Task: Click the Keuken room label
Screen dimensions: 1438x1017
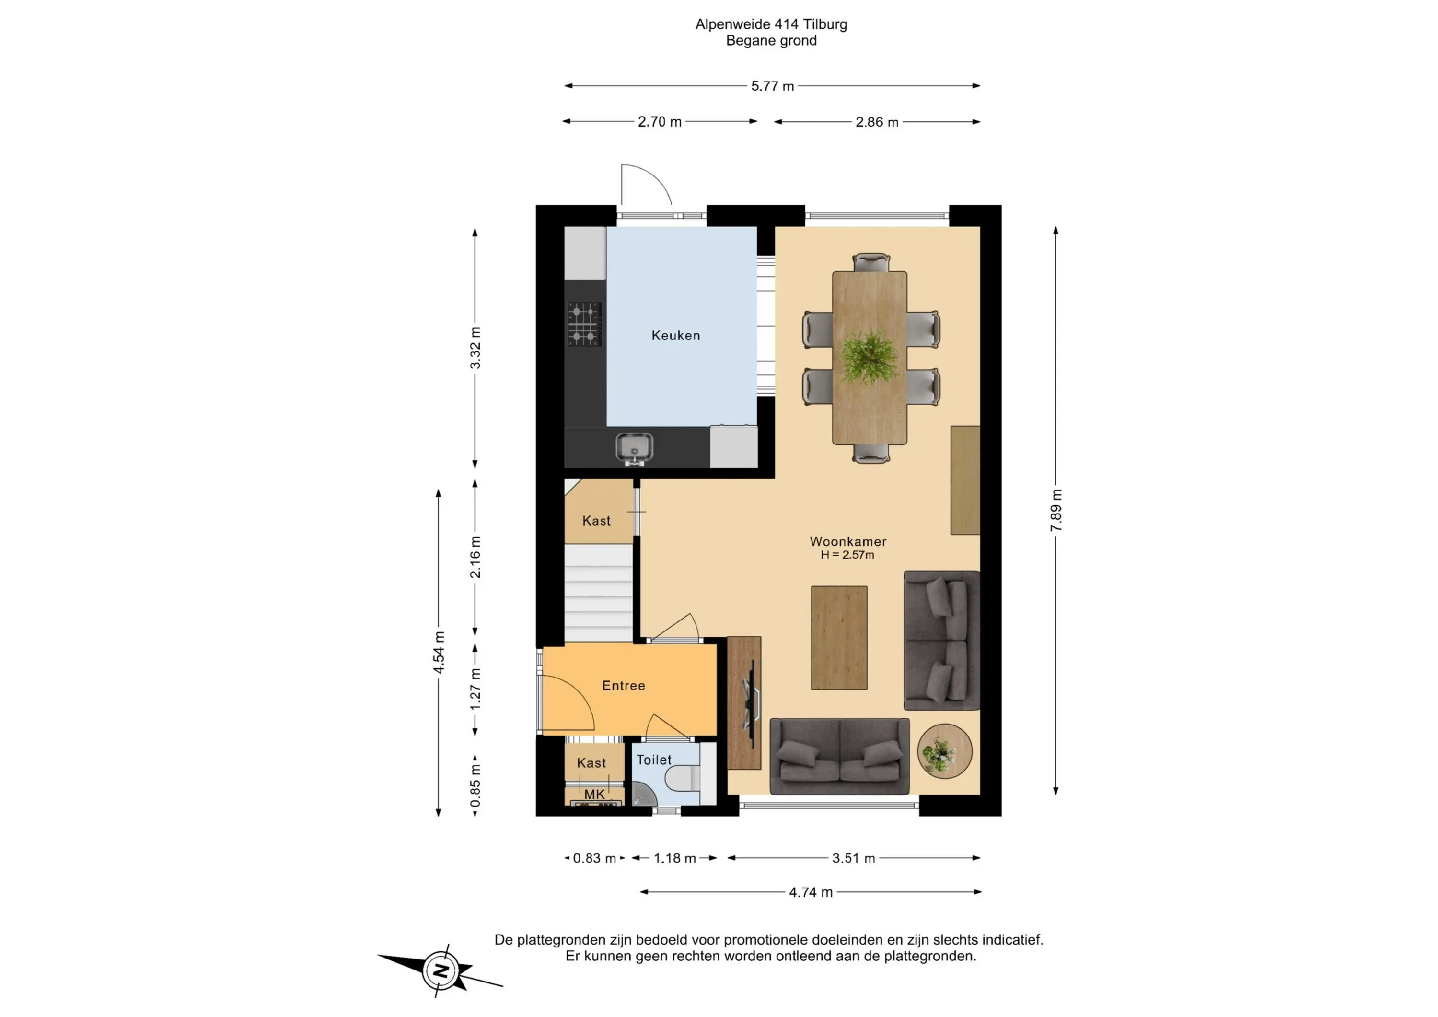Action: point(676,335)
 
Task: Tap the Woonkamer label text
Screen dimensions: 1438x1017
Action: point(848,541)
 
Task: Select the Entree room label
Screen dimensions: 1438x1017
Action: point(623,686)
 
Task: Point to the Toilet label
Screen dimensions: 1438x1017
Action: point(654,760)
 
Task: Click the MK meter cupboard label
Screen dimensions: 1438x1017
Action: point(594,794)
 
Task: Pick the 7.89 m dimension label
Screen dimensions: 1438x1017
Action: point(1056,511)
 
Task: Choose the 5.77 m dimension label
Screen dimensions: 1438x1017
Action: point(772,86)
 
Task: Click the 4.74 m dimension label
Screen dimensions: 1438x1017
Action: point(811,892)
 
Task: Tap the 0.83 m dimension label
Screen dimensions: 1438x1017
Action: point(594,858)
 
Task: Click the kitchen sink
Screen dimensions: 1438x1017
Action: point(634,449)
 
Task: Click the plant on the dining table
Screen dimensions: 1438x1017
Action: point(869,357)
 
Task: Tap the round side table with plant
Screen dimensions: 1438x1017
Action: point(944,751)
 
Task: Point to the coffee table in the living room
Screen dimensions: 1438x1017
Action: point(839,638)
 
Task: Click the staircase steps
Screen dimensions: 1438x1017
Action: point(599,593)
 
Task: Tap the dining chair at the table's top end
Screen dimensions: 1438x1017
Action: point(870,263)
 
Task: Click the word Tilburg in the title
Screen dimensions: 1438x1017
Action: point(825,24)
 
